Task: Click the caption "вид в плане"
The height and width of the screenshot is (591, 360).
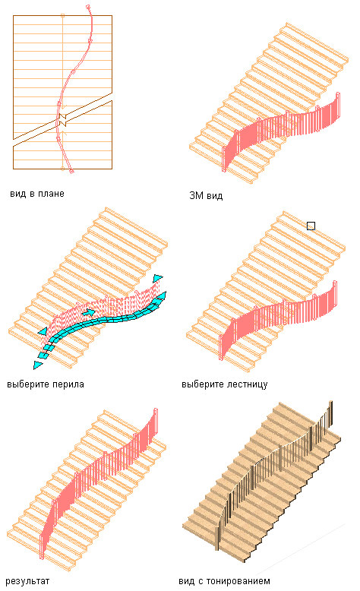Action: coord(37,194)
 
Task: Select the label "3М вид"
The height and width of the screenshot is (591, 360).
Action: coord(206,196)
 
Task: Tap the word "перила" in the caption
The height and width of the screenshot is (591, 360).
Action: coord(68,385)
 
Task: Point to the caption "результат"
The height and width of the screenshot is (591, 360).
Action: coord(27,581)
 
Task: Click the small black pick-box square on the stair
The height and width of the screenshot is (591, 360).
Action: coord(311,226)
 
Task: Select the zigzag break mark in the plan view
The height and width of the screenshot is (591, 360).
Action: coord(62,120)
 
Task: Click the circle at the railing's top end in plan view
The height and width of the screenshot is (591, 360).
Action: coord(88,7)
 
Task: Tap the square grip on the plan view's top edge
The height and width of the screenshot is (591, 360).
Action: coord(62,15)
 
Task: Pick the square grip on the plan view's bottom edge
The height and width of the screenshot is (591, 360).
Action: coord(62,169)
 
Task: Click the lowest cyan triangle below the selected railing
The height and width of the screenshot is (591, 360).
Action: coord(37,365)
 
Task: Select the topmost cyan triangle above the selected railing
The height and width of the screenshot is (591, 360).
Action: coord(157,278)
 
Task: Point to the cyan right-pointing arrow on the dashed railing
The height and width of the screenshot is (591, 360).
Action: coord(89,312)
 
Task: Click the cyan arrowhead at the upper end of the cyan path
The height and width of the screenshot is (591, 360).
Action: coord(161,295)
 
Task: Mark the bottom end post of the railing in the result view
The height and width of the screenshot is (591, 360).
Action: coord(41,545)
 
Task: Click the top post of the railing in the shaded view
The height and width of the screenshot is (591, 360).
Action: coord(331,413)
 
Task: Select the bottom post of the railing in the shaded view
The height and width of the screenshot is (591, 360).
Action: coord(219,536)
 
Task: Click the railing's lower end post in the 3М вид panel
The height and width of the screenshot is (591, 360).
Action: coord(224,159)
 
